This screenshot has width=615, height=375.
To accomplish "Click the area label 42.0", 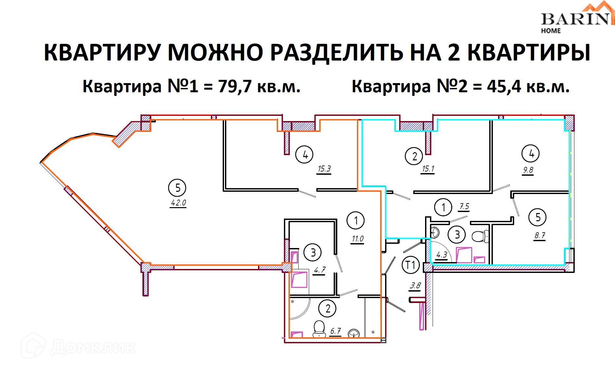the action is pyautogui.click(x=178, y=203).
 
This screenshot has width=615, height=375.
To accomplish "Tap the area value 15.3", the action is pyautogui.click(x=324, y=169).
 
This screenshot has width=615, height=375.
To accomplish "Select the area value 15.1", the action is pyautogui.click(x=428, y=169).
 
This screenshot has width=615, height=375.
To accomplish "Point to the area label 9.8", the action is pyautogui.click(x=528, y=170).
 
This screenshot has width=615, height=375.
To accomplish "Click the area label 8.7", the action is pyautogui.click(x=539, y=236).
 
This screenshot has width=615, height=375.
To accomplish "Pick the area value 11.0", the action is pyautogui.click(x=358, y=239).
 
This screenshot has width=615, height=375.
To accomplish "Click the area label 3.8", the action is pyautogui.click(x=415, y=286).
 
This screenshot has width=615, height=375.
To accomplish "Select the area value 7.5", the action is pyautogui.click(x=464, y=206).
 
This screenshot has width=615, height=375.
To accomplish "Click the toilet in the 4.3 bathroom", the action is pyautogui.click(x=480, y=236).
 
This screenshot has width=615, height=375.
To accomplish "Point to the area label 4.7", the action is pyautogui.click(x=319, y=270).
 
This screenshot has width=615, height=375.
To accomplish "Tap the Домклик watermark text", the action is pyautogui.click(x=93, y=347).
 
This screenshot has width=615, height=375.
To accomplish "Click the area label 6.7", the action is pyautogui.click(x=335, y=331).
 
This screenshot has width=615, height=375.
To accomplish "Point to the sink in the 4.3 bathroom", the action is pyautogui.click(x=435, y=233).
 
